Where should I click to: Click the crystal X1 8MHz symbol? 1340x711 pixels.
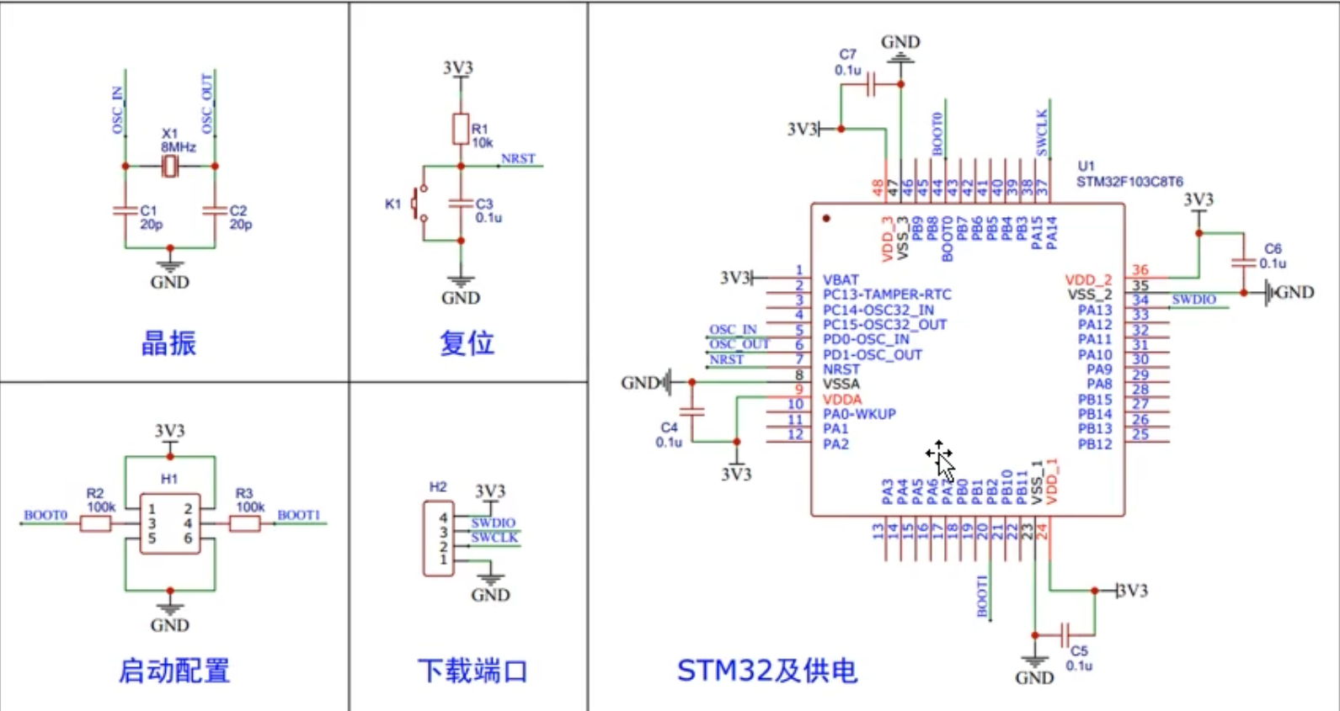pos(170,166)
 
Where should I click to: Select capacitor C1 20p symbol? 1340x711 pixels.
pos(125,210)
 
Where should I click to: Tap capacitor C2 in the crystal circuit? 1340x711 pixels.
pos(215,210)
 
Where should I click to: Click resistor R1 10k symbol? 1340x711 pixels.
pos(460,130)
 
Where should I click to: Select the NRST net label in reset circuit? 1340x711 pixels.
pos(518,158)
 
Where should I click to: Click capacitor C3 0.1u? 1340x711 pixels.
pos(460,203)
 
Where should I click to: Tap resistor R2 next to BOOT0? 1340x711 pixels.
pos(95,524)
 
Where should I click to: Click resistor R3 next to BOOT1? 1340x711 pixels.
pos(245,524)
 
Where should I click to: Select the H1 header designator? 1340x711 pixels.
pos(169,479)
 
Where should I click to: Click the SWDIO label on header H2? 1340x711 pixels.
pos(493,523)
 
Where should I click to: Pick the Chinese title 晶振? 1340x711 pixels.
pos(168,343)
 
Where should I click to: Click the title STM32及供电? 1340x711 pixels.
pos(766,671)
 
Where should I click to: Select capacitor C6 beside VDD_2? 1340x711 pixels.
pos(1243,263)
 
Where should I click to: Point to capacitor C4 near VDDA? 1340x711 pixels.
pos(691,411)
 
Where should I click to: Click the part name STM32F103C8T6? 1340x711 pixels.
pos(1129,182)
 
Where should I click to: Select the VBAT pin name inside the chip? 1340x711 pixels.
pos(841,279)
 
